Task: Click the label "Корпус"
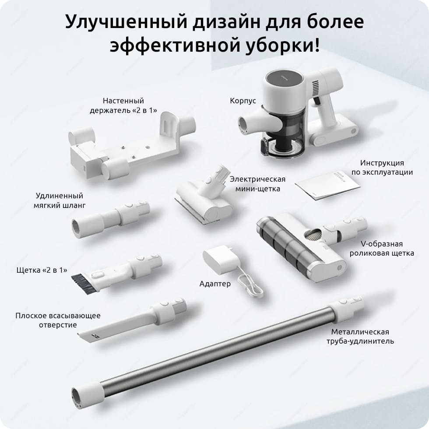coord(243,101)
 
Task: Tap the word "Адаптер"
coord(215,284)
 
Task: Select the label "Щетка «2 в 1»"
coord(42,271)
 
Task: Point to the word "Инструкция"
coord(382,163)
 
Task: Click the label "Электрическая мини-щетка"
coord(257,184)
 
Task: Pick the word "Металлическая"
coord(360,332)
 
